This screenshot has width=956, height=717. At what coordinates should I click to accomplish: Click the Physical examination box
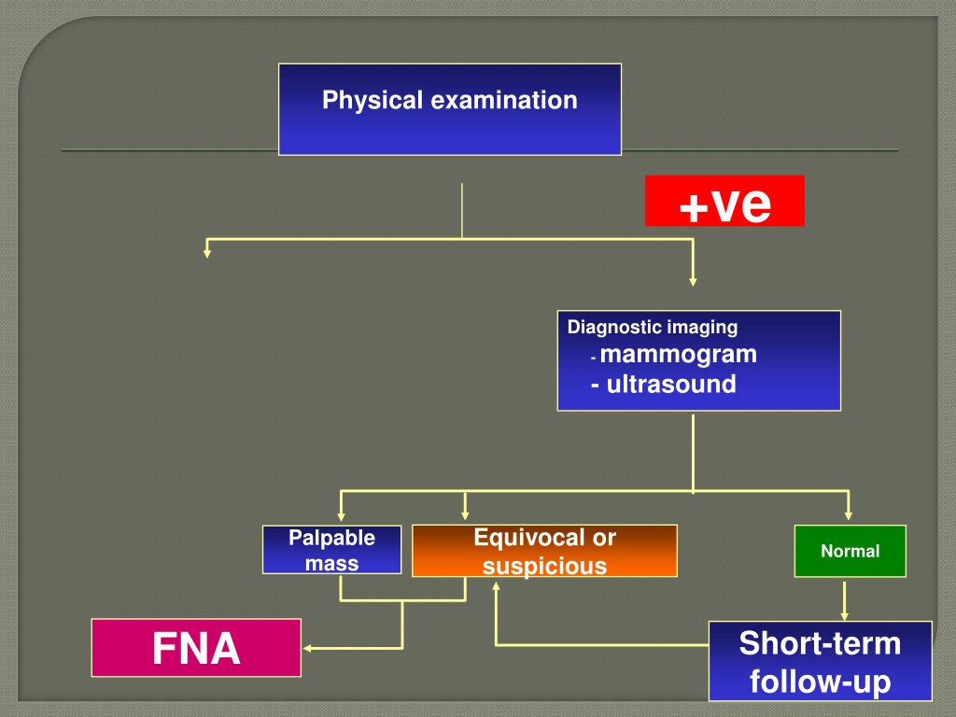[x=450, y=110]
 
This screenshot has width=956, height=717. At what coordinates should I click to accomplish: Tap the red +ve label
[x=724, y=201]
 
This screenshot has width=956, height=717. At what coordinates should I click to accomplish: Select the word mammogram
[x=678, y=354]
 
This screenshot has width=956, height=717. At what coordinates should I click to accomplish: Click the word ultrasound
[x=671, y=384]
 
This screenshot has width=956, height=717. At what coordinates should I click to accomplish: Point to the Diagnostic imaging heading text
[x=653, y=328]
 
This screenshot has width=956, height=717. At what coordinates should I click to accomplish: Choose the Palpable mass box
[x=331, y=549]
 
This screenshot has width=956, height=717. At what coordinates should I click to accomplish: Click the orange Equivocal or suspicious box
[x=544, y=551]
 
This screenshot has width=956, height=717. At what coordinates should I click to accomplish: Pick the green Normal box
[x=850, y=551]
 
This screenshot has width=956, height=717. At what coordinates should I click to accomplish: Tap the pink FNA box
[x=196, y=648]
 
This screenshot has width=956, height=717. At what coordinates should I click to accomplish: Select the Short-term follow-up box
[x=820, y=661]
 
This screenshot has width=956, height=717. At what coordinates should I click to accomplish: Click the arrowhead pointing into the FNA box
[x=306, y=648]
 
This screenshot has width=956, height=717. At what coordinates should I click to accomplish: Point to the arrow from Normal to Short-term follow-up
[x=844, y=601]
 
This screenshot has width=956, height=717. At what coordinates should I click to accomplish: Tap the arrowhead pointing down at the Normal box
[x=848, y=515]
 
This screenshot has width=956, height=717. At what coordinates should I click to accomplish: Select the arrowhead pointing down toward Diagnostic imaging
[x=693, y=282]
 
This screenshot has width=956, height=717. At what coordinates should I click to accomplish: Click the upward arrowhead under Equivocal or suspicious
[x=496, y=586]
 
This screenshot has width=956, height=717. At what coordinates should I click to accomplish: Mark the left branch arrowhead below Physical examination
[x=207, y=254]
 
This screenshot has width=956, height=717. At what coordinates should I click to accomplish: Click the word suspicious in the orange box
[x=544, y=566]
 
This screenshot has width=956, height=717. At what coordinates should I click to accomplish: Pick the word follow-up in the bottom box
[x=820, y=682]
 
